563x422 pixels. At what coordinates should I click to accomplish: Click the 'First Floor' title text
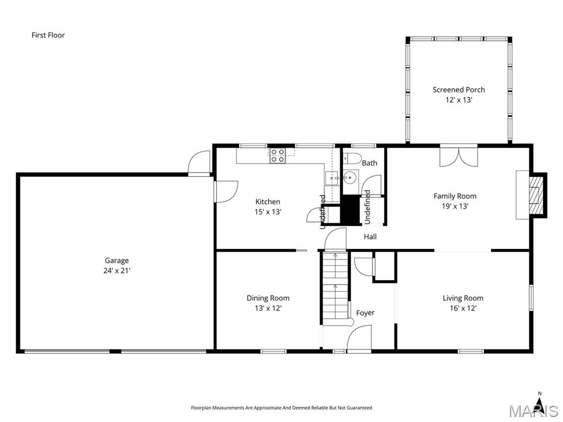[48, 35]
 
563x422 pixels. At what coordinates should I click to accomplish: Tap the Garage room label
[117, 260]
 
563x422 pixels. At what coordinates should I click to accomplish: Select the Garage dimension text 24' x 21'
[117, 270]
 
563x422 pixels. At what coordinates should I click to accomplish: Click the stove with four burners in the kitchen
[277, 156]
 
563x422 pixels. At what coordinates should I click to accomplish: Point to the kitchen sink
[331, 178]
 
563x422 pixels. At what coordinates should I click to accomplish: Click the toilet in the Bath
[353, 159]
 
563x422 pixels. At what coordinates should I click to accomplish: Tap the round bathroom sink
[350, 177]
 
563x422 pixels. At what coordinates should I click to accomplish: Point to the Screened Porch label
[459, 90]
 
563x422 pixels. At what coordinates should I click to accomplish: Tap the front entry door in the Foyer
[359, 338]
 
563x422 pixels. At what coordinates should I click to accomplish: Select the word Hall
[370, 237]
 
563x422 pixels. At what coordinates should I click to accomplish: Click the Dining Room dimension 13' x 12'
[268, 308]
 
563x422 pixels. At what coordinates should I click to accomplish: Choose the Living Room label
[463, 298]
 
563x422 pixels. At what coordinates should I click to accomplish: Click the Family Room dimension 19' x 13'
[455, 206]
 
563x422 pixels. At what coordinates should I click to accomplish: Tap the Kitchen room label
[268, 202]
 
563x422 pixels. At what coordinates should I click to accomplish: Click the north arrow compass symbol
[539, 406]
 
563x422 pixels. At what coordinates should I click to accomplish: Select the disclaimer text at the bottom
[281, 408]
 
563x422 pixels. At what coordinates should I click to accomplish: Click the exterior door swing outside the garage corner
[198, 163]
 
